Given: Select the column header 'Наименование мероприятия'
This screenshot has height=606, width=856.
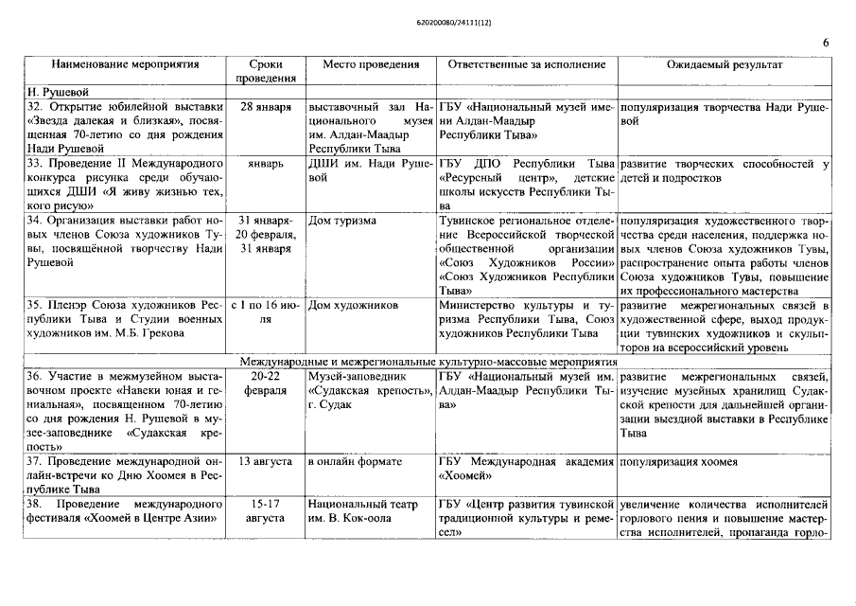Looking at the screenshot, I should pyautogui.click(x=126, y=65).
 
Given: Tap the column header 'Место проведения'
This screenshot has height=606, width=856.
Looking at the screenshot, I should pyautogui.click(x=370, y=65).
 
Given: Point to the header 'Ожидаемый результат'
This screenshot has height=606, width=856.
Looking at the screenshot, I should pyautogui.click(x=725, y=65).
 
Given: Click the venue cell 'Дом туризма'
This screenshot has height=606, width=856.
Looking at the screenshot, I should pyautogui.click(x=342, y=221).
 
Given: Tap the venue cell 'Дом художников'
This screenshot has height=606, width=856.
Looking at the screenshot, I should pyautogui.click(x=352, y=306).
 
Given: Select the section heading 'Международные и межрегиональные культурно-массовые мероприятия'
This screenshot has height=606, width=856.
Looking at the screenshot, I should pyautogui.click(x=428, y=362).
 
